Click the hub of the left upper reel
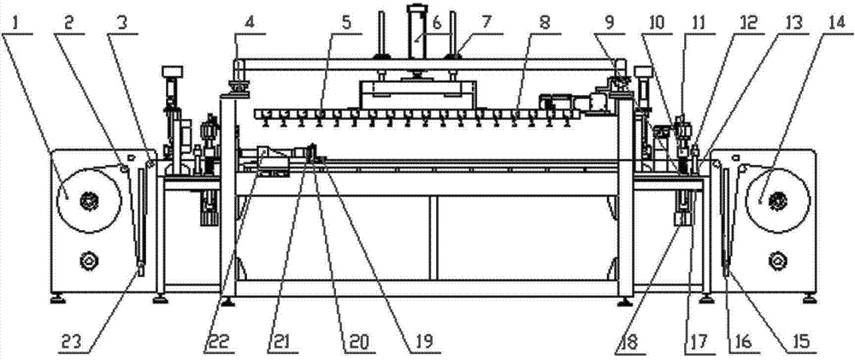coord(86,201)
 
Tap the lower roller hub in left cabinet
coord(86,257)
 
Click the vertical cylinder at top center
coord(416,34)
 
